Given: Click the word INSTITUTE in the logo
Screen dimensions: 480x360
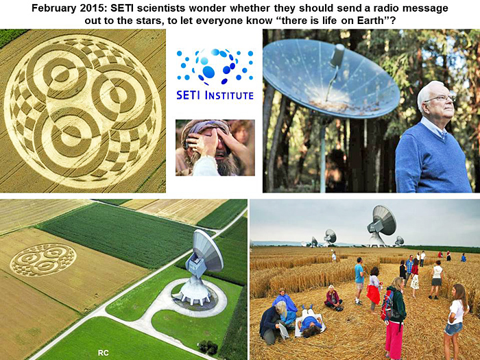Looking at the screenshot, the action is pos(229,95).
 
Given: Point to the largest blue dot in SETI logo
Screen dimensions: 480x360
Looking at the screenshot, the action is pos(208,71).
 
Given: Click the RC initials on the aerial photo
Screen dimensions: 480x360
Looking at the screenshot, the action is pos(103,352).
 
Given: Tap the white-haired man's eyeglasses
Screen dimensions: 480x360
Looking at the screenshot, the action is pos(440,99).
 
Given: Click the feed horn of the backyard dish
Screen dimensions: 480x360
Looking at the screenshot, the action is pos(338,55).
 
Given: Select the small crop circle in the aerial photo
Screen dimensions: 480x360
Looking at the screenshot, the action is pos(43,259).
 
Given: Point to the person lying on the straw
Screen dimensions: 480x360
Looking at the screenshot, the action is pos(309,322).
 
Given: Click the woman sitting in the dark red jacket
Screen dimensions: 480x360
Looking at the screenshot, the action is pos(333,298).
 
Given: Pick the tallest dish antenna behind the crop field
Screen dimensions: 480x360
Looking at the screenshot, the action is pos(381,226).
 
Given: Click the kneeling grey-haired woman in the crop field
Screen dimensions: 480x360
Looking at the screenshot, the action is pos(273,322).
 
